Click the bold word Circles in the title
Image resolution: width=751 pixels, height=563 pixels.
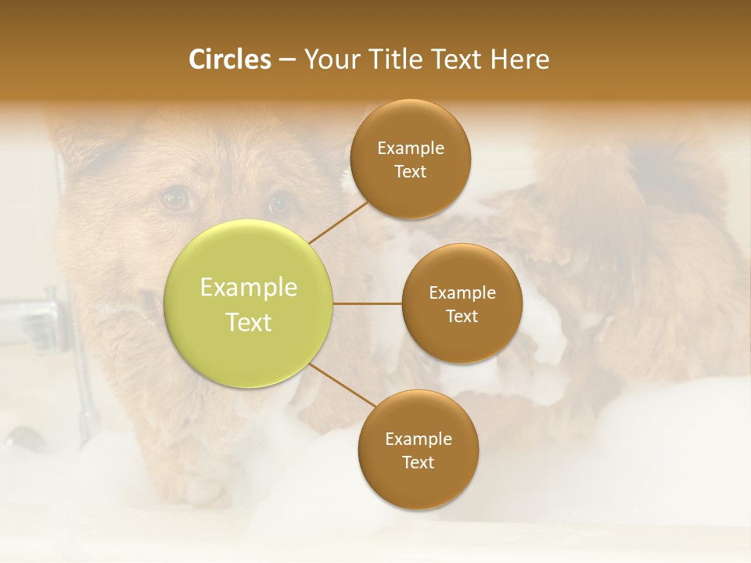[x=229, y=59]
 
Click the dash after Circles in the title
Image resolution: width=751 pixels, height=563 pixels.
[x=287, y=60]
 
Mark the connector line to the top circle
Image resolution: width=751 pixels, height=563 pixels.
[x=338, y=223]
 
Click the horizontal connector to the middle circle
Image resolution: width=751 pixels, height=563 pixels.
[x=367, y=303]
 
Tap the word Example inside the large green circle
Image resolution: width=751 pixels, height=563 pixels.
[x=249, y=288]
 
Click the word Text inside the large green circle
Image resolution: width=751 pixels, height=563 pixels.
[x=249, y=322]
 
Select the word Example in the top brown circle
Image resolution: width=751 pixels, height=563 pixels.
[x=410, y=149]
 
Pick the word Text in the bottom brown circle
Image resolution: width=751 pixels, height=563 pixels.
[x=418, y=462]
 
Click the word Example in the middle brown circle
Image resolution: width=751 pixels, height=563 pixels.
[x=462, y=293]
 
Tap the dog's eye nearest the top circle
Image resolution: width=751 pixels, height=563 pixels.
[x=279, y=204]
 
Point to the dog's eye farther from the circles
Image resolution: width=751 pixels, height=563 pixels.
[x=175, y=199]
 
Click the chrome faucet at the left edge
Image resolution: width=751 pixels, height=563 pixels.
[x=31, y=317]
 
